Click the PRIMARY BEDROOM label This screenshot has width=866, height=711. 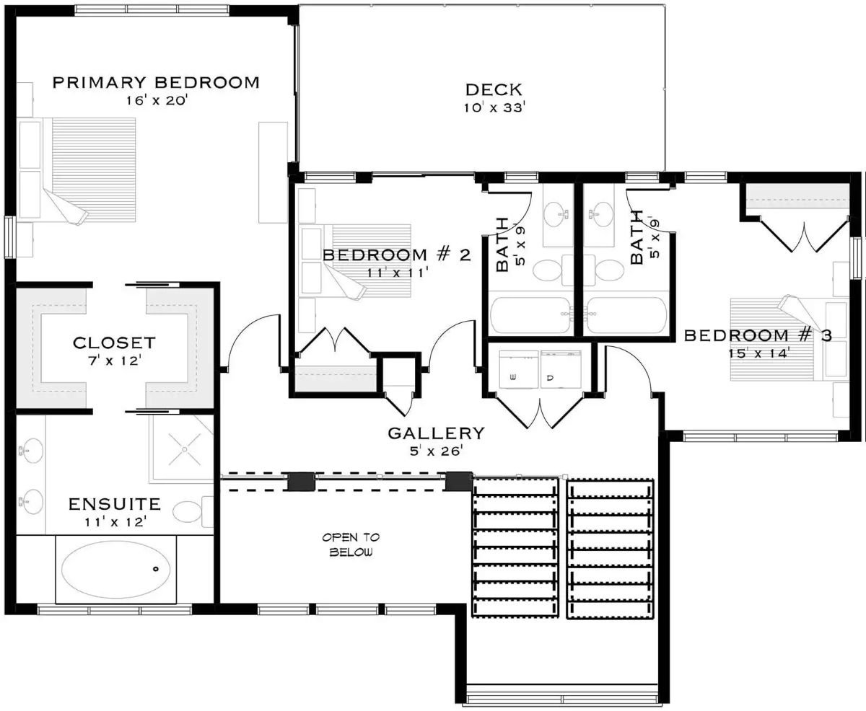click(156, 82)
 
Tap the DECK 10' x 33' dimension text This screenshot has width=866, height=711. click(494, 108)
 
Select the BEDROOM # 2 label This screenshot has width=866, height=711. click(396, 255)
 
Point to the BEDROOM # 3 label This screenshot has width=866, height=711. click(758, 335)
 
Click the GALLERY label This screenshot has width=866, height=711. click(436, 433)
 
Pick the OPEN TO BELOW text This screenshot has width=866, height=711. click(351, 545)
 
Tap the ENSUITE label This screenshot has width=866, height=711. click(114, 503)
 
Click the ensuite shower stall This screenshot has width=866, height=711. click(183, 449)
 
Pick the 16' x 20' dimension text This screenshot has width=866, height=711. click(156, 101)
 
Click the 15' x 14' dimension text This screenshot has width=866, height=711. click(757, 353)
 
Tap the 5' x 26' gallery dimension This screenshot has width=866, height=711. click(436, 451)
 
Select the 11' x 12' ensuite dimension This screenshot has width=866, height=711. click(114, 521)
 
